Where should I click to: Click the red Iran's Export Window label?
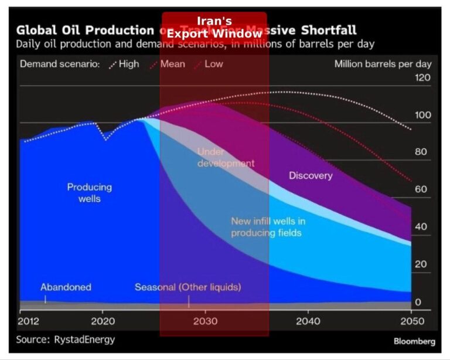point(214,27)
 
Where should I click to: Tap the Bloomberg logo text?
point(414,341)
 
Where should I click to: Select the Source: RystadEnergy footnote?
point(66,339)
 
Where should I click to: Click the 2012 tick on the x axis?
point(29,321)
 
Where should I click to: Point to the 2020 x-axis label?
point(103,321)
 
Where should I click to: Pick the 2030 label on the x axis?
point(206,321)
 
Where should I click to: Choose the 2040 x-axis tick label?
point(308,321)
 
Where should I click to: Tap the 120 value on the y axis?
point(422,77)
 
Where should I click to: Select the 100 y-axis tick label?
point(422,115)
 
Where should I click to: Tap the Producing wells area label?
point(89,193)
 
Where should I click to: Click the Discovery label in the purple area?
point(311,176)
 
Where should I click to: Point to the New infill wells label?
point(267,227)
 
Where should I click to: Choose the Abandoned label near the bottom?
point(66,287)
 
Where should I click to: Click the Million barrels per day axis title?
point(383,64)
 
